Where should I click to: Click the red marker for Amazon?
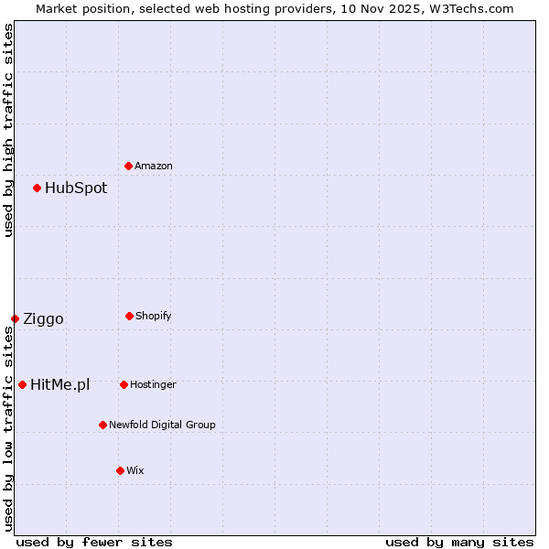(129, 166)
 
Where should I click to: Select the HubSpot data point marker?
(38, 188)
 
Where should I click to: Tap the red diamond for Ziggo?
(16, 318)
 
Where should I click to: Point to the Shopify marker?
(130, 316)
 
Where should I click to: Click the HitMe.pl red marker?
(23, 384)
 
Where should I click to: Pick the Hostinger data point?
(124, 384)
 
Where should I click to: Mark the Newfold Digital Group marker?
(103, 425)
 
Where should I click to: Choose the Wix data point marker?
(121, 470)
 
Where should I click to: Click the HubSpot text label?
(76, 188)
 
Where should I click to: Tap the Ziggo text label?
(43, 319)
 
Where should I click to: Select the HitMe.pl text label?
(59, 385)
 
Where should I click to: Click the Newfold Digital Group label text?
(162, 425)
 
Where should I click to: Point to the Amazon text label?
(154, 167)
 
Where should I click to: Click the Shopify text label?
(154, 317)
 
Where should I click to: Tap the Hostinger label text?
(153, 385)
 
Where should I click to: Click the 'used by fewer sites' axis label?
(94, 542)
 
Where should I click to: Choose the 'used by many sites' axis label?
(459, 542)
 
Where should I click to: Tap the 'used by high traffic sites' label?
(8, 130)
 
